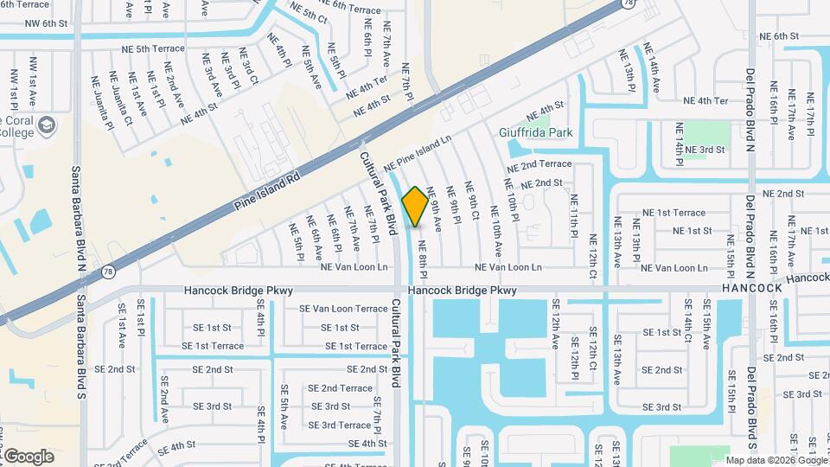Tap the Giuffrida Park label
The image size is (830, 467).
pyautogui.click(x=536, y=133)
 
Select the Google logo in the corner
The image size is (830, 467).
pyautogui.click(x=29, y=456)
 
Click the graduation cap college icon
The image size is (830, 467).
pyautogui.click(x=48, y=127)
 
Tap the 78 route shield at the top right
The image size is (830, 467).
pyautogui.click(x=629, y=4)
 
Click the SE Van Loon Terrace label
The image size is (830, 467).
pyautogui.click(x=343, y=309)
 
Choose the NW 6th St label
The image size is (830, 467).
pyautogui.click(x=47, y=24)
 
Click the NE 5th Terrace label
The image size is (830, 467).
pyautogui.click(x=143, y=48)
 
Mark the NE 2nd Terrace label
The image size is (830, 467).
pyautogui.click(x=539, y=164)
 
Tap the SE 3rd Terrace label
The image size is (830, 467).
pyautogui.click(x=340, y=425)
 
